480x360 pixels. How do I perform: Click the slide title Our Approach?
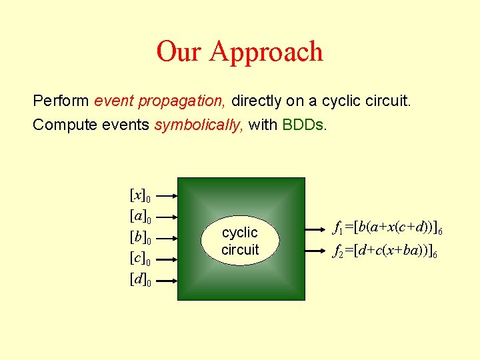click(x=239, y=51)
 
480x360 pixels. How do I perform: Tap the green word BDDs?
click(x=305, y=125)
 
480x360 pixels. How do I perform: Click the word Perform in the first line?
click(x=61, y=101)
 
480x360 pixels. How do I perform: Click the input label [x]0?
click(x=140, y=196)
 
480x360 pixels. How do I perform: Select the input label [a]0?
click(x=140, y=217)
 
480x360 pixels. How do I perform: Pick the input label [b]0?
click(x=140, y=238)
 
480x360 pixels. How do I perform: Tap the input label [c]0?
click(x=140, y=259)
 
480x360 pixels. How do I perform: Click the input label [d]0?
click(x=140, y=280)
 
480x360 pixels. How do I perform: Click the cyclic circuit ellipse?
click(x=240, y=241)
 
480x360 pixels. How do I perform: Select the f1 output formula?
click(x=388, y=229)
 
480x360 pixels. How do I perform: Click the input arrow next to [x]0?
click(x=169, y=196)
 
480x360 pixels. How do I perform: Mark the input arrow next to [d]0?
click(x=169, y=280)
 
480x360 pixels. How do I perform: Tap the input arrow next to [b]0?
click(x=169, y=238)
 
